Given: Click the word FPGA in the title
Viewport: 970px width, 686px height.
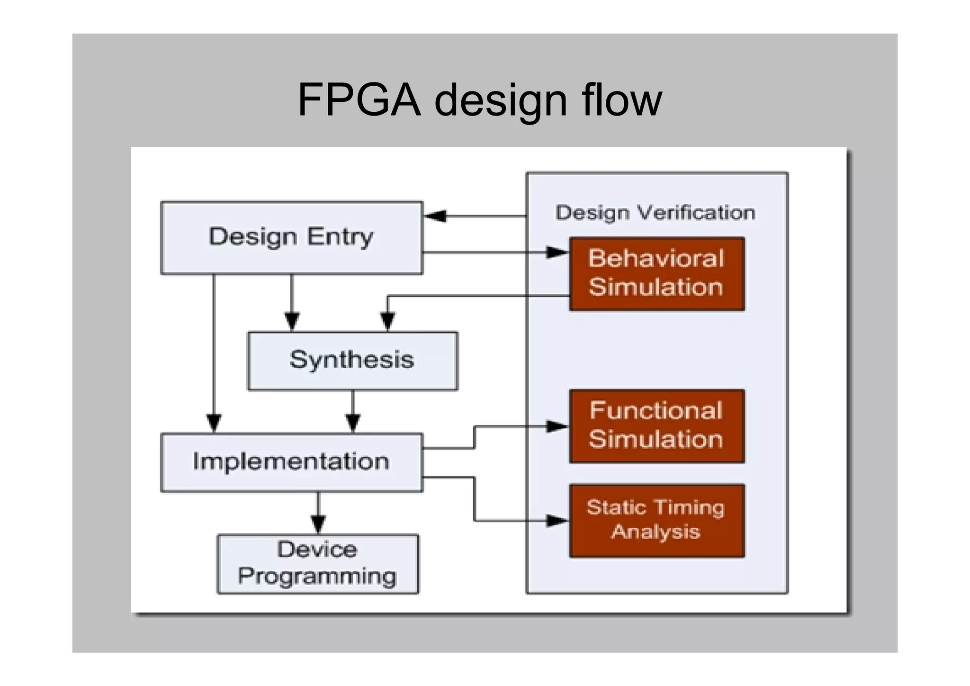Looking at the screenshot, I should click(359, 100).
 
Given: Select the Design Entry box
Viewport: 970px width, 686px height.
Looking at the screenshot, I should click(291, 237).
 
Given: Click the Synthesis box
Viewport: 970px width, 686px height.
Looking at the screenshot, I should click(352, 361).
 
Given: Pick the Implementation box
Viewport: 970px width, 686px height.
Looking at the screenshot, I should click(291, 462).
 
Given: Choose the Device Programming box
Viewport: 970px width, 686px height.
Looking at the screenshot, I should click(317, 564).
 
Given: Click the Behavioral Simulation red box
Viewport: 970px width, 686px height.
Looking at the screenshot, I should click(656, 274).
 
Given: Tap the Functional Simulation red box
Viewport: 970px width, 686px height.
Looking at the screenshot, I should click(656, 426).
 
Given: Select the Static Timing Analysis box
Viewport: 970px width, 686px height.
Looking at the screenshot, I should click(656, 520).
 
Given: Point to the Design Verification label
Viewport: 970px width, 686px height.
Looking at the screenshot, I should click(655, 213).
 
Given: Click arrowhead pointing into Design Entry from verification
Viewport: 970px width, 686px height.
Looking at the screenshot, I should click(435, 216).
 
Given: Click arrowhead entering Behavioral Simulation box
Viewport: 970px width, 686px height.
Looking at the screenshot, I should click(557, 253).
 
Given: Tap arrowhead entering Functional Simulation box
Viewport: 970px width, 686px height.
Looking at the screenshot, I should click(557, 426).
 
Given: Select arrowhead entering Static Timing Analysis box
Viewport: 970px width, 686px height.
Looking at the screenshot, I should click(557, 521).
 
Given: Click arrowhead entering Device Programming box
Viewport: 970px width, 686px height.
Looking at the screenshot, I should click(318, 524).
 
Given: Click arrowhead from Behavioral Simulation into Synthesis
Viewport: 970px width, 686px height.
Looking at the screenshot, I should click(388, 321).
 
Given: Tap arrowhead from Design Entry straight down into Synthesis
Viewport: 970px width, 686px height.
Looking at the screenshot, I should click(292, 321).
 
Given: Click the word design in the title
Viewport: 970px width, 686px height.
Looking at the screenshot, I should click(501, 100).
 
